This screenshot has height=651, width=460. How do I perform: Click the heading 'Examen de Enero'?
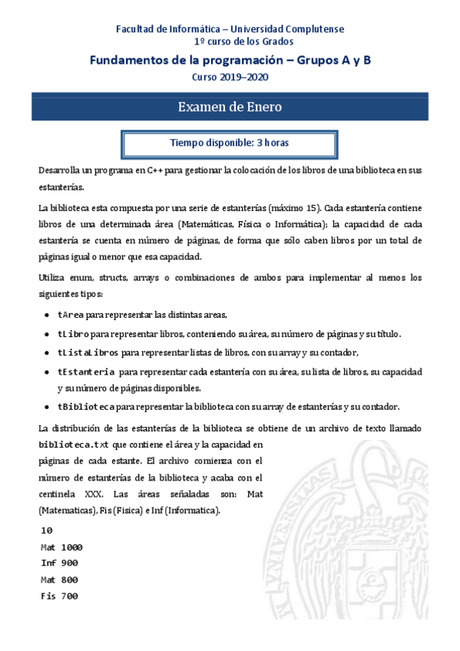(x=230, y=107)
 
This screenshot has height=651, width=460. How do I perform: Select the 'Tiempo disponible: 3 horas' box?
(x=229, y=144)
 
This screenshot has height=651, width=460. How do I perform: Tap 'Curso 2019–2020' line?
(x=230, y=76)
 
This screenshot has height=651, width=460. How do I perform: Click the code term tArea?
(x=70, y=315)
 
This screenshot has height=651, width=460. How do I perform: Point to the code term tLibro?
(x=72, y=333)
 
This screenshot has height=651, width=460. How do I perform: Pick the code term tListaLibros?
(x=88, y=352)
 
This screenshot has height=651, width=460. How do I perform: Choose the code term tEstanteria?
(x=86, y=372)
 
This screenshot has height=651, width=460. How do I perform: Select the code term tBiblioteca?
(x=86, y=407)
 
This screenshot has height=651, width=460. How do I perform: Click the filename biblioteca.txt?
(x=74, y=444)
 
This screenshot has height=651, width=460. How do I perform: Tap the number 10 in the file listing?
(x=46, y=530)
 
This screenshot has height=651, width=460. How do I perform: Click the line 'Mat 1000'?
(x=61, y=547)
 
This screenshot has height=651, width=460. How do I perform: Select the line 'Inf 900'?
(x=59, y=563)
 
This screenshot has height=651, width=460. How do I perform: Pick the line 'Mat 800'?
(x=59, y=580)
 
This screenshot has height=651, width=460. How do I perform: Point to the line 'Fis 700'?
(x=59, y=596)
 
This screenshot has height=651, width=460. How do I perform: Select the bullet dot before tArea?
(x=48, y=315)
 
